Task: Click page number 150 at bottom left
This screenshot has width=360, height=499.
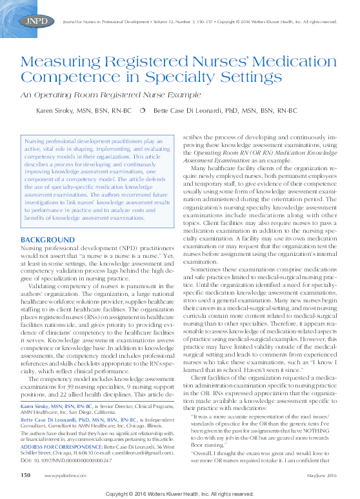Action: click(x=26, y=475)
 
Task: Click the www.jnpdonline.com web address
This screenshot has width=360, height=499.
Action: click(x=63, y=475)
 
